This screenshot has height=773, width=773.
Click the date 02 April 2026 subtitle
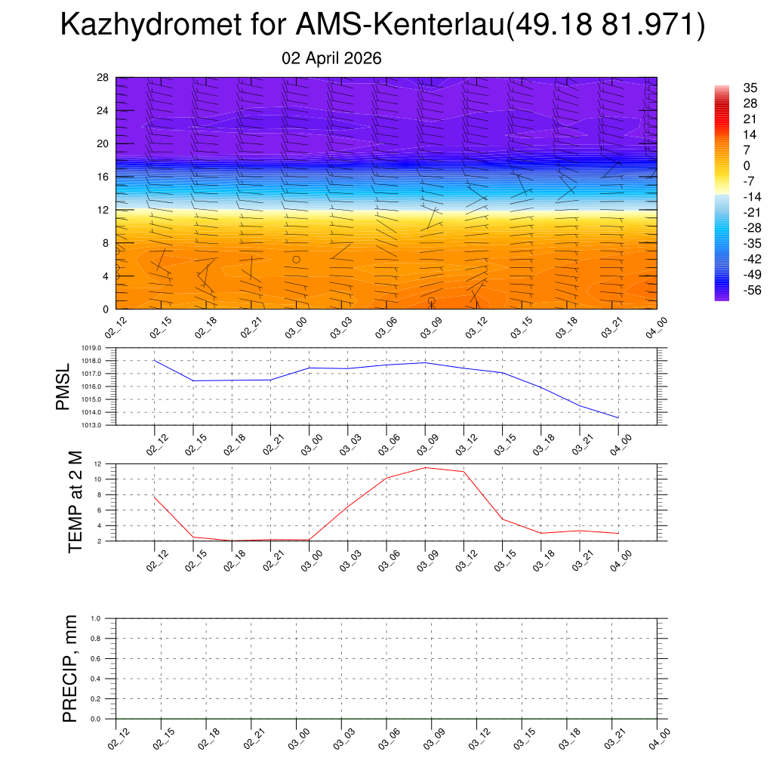click(x=331, y=58)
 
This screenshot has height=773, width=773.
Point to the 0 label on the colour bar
click(x=747, y=165)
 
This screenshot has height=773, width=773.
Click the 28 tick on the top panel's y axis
click(x=103, y=78)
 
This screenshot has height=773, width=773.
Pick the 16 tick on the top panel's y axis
click(x=103, y=177)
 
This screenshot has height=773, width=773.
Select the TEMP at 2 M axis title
click(x=75, y=502)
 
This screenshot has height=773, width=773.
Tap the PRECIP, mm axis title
click(x=70, y=669)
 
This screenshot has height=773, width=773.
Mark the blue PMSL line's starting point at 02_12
click(x=155, y=360)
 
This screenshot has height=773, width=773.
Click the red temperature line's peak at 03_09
click(x=425, y=467)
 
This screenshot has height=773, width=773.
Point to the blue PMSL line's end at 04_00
click(x=619, y=417)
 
